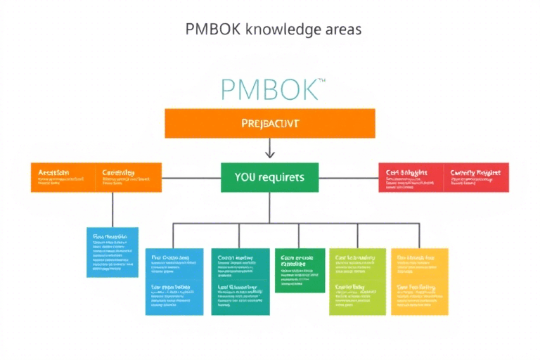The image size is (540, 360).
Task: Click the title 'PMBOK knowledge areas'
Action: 274,29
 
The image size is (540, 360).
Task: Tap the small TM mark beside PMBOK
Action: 321,82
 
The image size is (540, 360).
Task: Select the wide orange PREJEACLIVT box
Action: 270,123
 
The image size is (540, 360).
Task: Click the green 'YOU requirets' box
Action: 269,177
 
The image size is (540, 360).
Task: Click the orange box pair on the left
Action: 96,177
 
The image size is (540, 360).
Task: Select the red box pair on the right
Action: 443,177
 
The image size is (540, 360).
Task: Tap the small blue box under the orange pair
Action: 112,252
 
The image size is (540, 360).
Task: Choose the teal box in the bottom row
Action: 240,281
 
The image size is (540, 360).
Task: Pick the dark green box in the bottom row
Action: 300,270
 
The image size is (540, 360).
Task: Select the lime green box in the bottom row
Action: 357,281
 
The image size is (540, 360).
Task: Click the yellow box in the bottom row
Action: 419,281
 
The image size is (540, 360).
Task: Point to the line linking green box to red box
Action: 348,177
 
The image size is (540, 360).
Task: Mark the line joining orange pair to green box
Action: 191,177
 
